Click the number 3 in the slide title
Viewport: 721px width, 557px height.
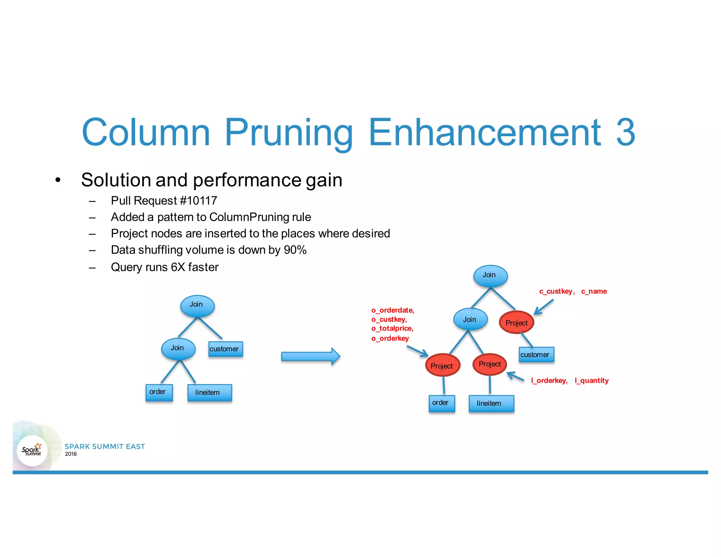626,132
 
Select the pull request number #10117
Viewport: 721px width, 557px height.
198,201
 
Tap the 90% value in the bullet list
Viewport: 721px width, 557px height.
295,250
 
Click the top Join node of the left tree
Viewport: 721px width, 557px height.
197,305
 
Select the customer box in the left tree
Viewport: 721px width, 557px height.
225,349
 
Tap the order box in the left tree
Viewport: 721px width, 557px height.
159,392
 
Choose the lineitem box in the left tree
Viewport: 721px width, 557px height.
209,393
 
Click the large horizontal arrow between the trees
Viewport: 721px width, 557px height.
310,356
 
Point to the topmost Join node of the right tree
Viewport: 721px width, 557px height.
490,275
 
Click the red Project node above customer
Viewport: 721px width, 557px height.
516,323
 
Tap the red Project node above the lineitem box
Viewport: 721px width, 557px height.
490,364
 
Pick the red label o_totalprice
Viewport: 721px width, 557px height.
392,328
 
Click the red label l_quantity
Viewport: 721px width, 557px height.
591,381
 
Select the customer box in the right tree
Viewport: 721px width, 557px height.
536,355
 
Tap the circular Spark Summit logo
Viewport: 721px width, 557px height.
32,450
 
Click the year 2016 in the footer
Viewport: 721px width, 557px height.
71,454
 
